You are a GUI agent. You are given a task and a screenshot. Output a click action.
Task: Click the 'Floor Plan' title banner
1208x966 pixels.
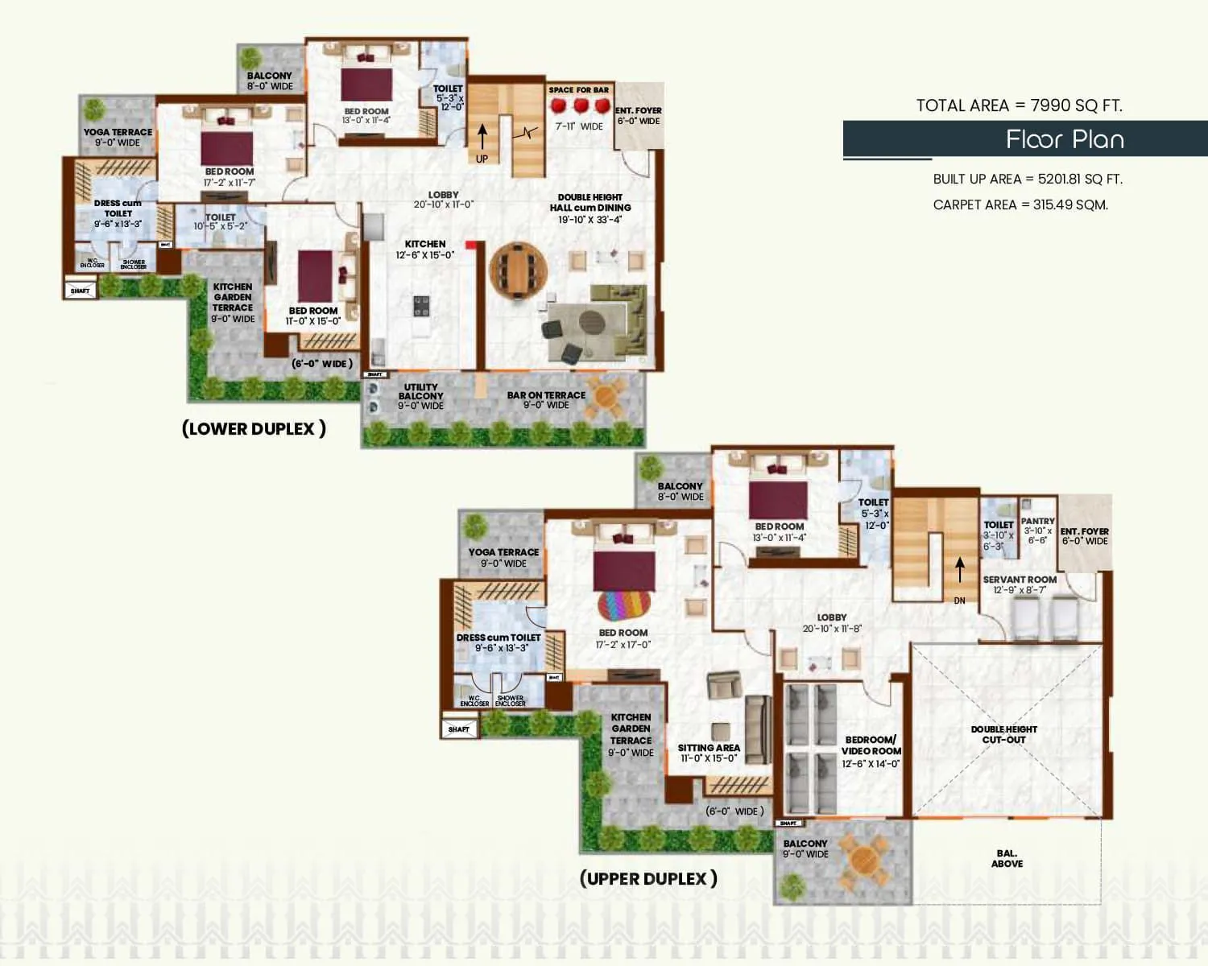1064,139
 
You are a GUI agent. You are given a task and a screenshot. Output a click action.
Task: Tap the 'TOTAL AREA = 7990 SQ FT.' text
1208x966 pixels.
1019,105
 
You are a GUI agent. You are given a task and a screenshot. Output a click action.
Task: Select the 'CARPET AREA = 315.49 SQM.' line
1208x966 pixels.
1020,204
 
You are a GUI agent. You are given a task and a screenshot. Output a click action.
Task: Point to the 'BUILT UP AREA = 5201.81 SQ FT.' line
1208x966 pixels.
1027,179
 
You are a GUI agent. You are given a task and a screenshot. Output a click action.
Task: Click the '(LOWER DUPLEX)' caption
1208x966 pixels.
254,428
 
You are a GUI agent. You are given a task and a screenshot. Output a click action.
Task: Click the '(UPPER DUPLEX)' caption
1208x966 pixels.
647,878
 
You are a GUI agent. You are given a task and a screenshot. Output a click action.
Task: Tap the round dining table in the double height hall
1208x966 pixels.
518,272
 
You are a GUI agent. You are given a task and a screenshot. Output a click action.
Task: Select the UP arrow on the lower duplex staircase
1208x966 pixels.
482,137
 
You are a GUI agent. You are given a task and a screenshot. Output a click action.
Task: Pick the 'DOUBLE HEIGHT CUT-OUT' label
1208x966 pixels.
1003,734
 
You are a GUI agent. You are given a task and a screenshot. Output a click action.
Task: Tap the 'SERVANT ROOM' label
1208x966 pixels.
1020,580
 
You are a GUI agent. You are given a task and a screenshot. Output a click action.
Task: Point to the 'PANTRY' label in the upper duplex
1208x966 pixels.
1037,522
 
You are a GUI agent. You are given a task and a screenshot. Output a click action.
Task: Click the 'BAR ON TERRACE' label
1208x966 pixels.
546,395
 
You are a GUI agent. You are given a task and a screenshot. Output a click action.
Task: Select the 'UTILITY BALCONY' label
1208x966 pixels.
420,392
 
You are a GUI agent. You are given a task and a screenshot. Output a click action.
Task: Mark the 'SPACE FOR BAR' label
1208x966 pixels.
578,90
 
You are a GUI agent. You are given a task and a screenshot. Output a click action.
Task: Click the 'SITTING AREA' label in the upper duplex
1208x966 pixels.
709,748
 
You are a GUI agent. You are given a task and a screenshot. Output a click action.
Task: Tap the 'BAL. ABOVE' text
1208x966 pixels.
1007,858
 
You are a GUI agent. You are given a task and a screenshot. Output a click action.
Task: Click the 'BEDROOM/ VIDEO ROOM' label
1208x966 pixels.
871,745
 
